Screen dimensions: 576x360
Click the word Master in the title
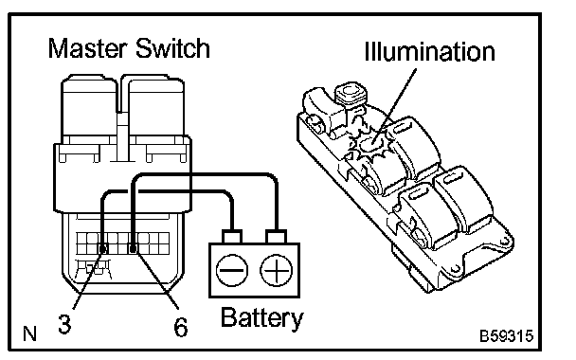pyautogui.click(x=87, y=48)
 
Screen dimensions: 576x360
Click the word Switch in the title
pyautogui.click(x=172, y=48)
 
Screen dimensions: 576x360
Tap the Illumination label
pyautogui.click(x=429, y=51)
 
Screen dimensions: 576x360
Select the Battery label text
pyautogui.click(x=262, y=318)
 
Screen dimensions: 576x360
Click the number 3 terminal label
pyautogui.click(x=64, y=324)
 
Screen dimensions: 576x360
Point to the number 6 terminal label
pyautogui.click(x=181, y=327)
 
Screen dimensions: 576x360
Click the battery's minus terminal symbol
pyautogui.click(x=232, y=270)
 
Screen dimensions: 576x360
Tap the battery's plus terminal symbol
pyautogui.click(x=277, y=270)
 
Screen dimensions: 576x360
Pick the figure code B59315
pyautogui.click(x=506, y=336)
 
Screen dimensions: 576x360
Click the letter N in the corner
pyautogui.click(x=29, y=333)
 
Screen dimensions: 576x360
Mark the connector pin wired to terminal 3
pyautogui.click(x=103, y=249)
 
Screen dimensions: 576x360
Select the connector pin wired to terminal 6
pyautogui.click(x=133, y=249)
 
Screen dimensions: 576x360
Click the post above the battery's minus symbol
pyautogui.click(x=232, y=236)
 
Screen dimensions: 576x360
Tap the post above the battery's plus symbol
pyautogui.click(x=277, y=236)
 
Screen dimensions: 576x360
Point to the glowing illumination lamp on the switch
pyautogui.click(x=369, y=144)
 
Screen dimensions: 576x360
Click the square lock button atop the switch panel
pyautogui.click(x=351, y=92)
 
